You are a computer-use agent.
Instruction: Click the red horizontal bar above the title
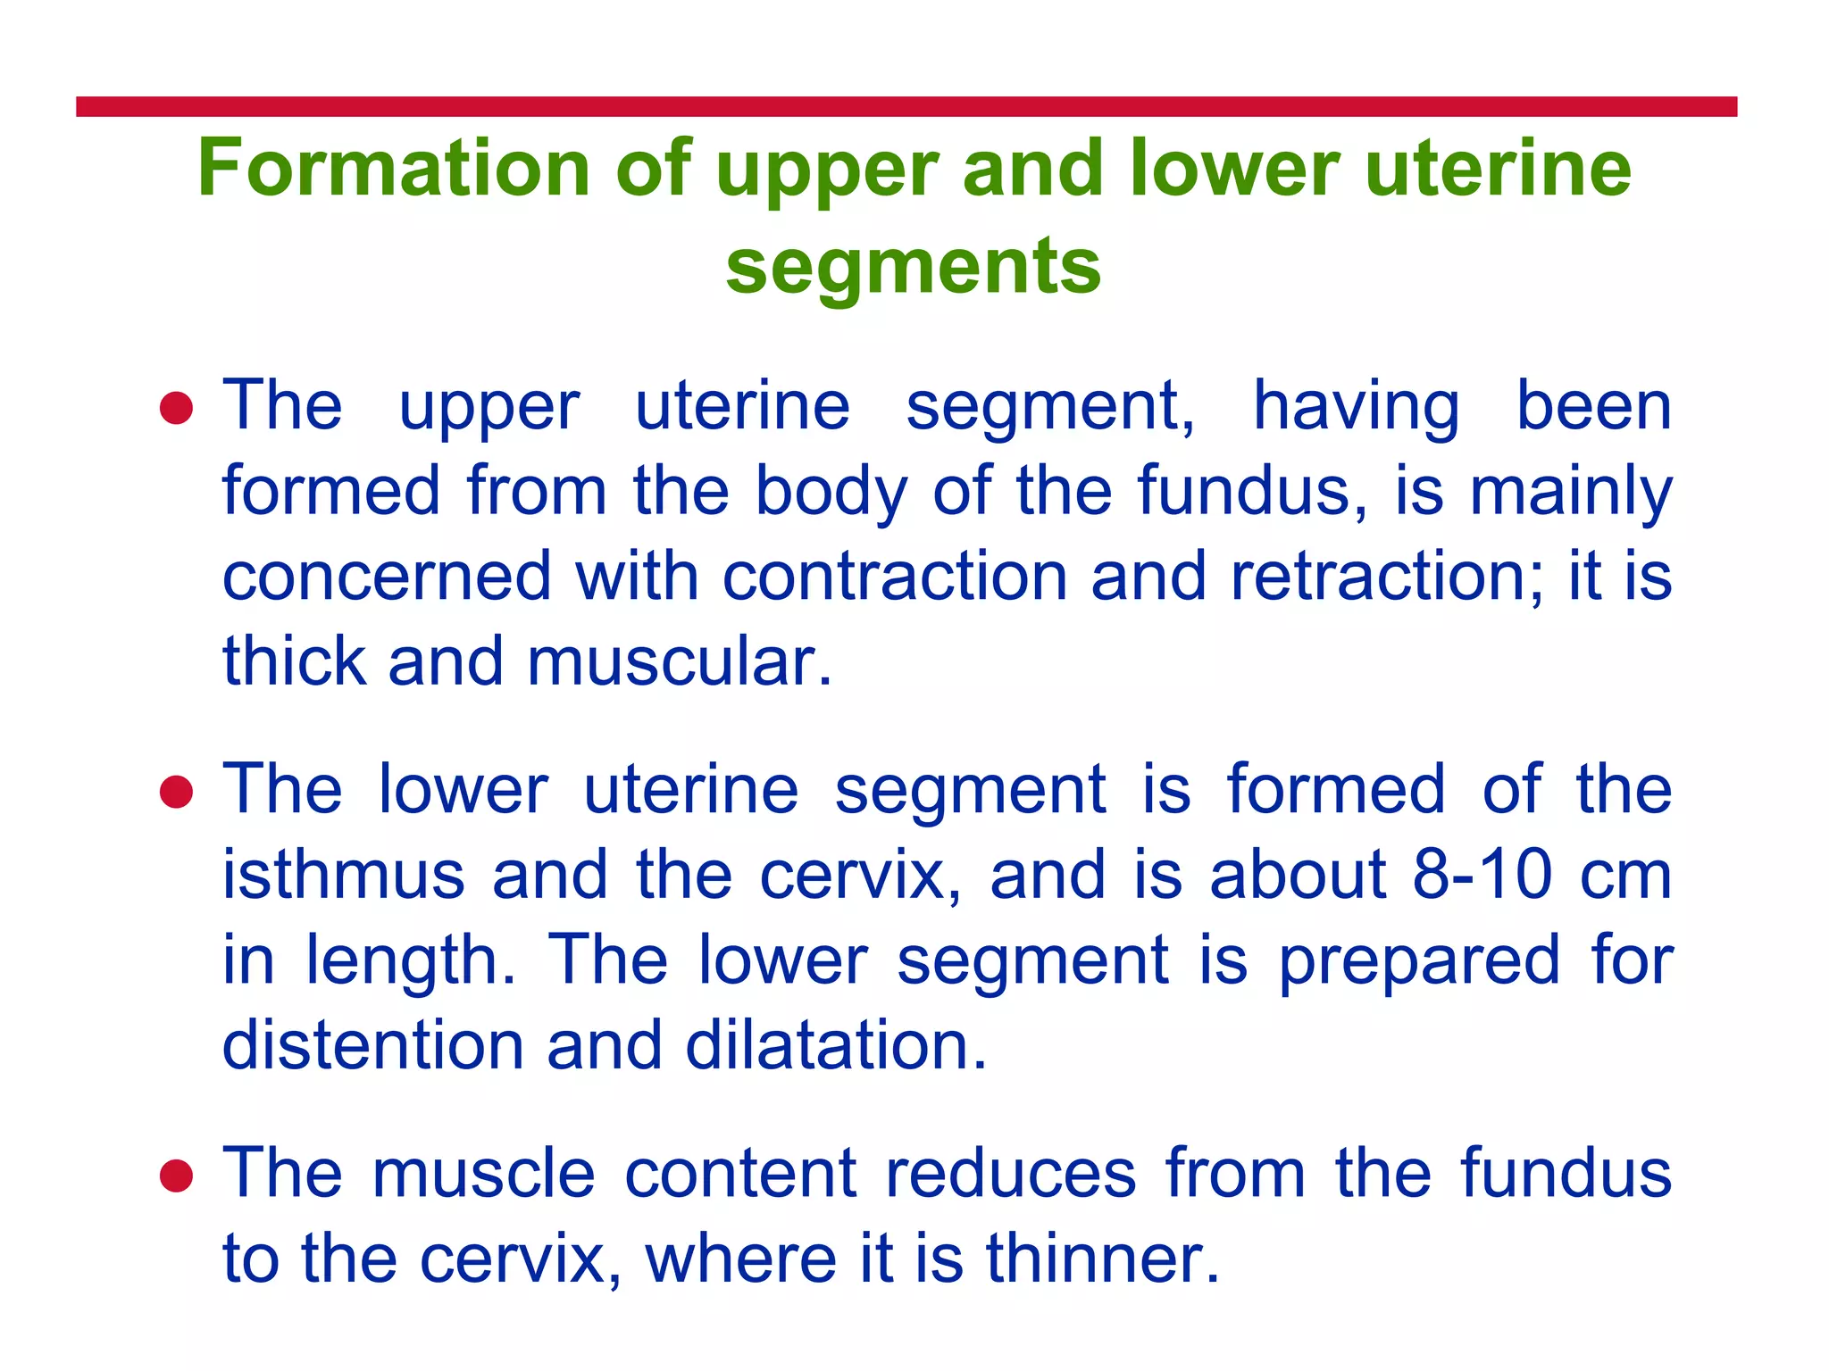click(906, 107)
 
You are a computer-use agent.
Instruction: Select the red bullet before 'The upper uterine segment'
click(176, 409)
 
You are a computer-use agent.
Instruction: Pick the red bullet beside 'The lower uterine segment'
click(176, 792)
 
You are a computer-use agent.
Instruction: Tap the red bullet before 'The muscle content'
click(176, 1176)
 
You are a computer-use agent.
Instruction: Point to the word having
click(1356, 407)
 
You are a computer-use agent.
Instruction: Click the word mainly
click(1570, 492)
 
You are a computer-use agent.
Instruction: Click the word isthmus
click(344, 875)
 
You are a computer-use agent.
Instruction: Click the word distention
click(372, 1045)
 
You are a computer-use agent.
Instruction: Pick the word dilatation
click(836, 1045)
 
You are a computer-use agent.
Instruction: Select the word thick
click(294, 662)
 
